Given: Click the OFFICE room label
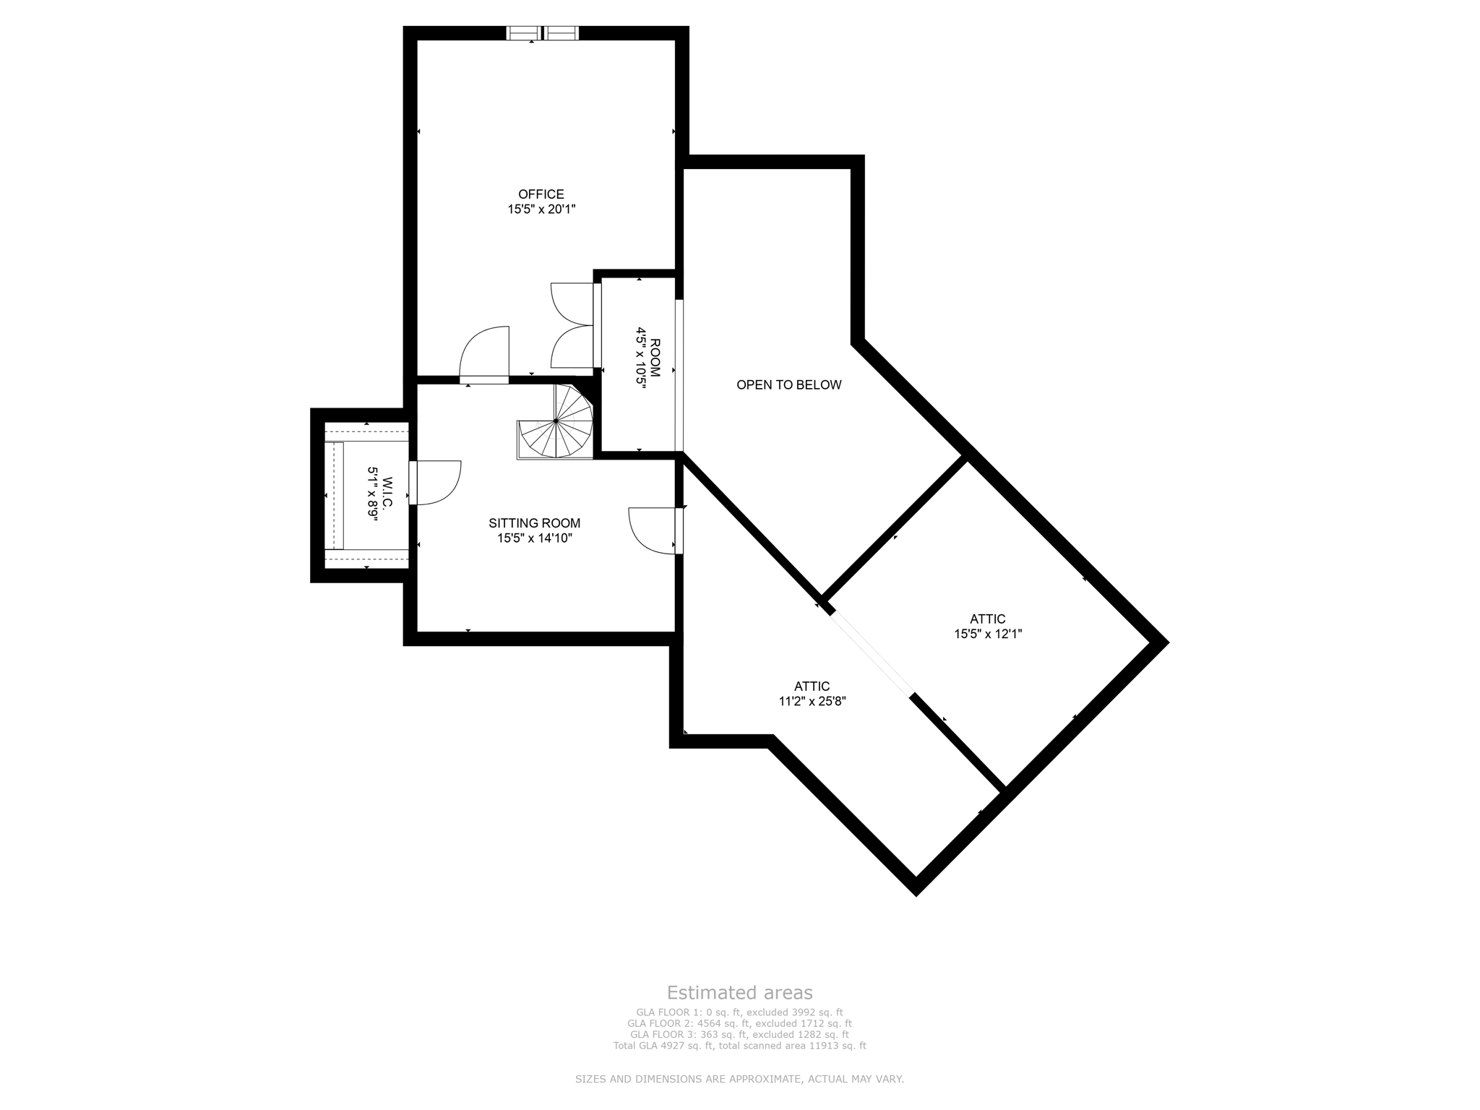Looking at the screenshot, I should coord(541,194).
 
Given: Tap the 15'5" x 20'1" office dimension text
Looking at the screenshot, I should coord(541,210).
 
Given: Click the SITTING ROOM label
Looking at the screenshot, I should coord(534,523).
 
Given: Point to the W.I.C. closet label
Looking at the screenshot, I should coord(387,495).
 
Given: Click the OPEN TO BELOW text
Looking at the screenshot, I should coord(788,385).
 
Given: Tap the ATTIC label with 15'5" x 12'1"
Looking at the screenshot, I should coord(987,619).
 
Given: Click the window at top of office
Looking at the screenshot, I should coord(542,33).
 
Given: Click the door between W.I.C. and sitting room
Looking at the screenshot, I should coord(434,482).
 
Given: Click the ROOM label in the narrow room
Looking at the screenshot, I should coord(655,357).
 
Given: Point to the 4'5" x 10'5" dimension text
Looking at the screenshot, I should coord(640,358).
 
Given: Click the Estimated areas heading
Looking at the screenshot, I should coord(739,992).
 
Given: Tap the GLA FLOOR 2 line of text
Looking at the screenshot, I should coord(739,1023).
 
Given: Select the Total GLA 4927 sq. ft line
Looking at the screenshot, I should coord(739,1046).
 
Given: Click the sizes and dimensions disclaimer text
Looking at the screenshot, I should coord(739,1079).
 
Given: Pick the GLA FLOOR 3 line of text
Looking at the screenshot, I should coord(739,1035).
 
